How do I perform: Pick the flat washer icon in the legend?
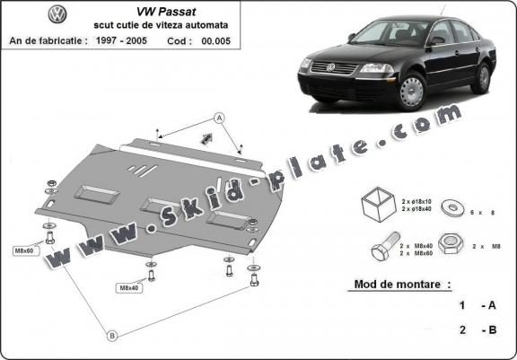point(446,203)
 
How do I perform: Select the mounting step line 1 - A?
point(476,305)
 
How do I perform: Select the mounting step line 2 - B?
point(476,330)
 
